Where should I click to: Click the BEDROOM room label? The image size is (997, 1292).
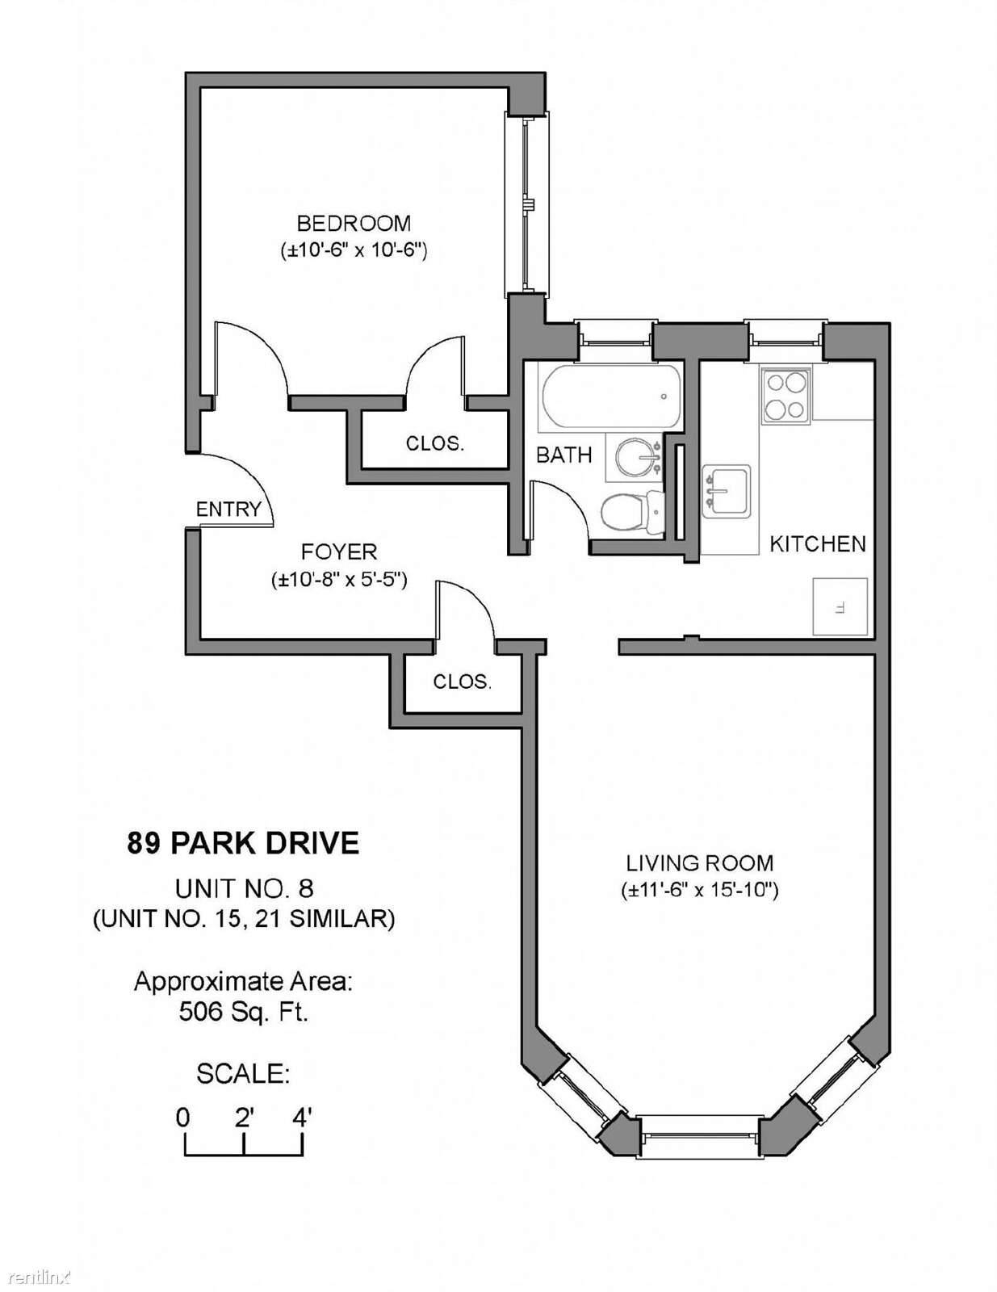[x=354, y=224]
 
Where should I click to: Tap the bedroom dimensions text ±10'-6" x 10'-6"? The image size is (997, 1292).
[x=354, y=250]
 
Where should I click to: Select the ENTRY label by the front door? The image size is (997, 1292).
[x=228, y=509]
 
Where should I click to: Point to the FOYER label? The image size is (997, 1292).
[x=339, y=552]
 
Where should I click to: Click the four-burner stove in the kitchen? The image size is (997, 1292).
[x=786, y=396]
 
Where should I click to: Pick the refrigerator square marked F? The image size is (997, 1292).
[x=840, y=606]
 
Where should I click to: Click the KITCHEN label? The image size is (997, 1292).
[x=818, y=543]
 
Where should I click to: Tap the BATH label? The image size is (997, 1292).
[x=563, y=455]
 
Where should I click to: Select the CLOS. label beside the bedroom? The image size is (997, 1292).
[x=434, y=443]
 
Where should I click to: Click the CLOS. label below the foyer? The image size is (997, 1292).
[x=463, y=682]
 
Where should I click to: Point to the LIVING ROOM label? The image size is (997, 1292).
[x=700, y=862]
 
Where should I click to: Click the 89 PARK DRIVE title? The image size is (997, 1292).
[x=243, y=843]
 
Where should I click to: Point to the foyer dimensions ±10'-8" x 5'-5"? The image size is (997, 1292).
[x=339, y=579]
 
